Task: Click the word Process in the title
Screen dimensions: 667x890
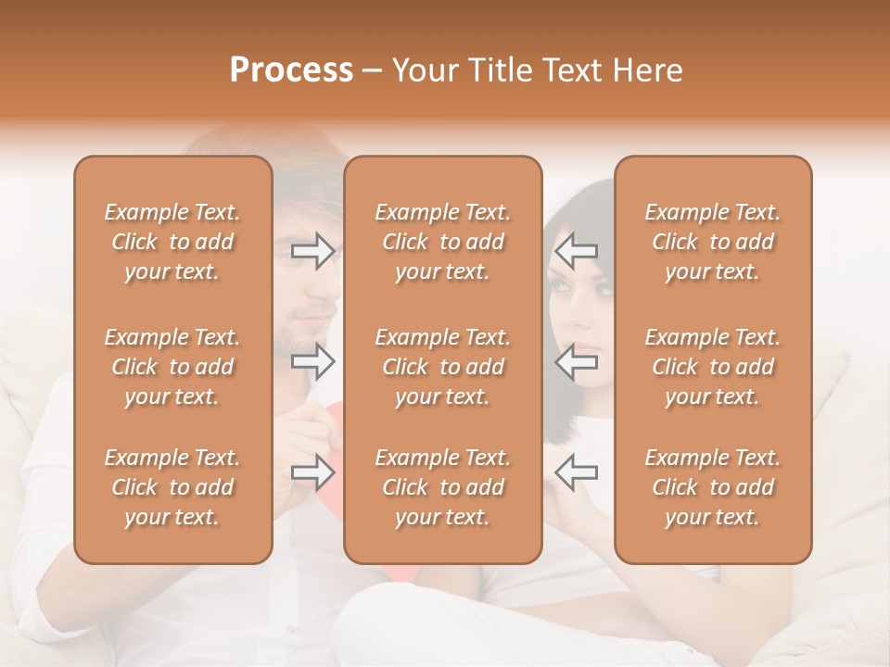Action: click(291, 70)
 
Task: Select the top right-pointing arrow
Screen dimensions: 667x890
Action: click(313, 251)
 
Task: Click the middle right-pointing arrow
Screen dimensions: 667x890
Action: click(313, 361)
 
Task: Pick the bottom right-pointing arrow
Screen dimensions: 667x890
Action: click(313, 472)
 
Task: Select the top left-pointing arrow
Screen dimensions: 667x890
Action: click(577, 251)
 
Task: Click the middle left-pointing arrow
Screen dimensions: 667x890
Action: click(577, 361)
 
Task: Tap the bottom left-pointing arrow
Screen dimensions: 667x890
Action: click(577, 472)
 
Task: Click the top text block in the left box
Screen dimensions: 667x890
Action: click(172, 242)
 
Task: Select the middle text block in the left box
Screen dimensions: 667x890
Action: click(172, 367)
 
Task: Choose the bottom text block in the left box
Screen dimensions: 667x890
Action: click(172, 487)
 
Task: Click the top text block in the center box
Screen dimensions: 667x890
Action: click(443, 242)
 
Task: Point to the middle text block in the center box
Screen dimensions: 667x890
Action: click(443, 367)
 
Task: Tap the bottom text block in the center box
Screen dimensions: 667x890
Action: click(443, 487)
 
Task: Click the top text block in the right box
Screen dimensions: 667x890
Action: click(713, 242)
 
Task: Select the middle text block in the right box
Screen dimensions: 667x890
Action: click(713, 367)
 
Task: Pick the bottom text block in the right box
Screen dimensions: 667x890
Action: click(713, 487)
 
